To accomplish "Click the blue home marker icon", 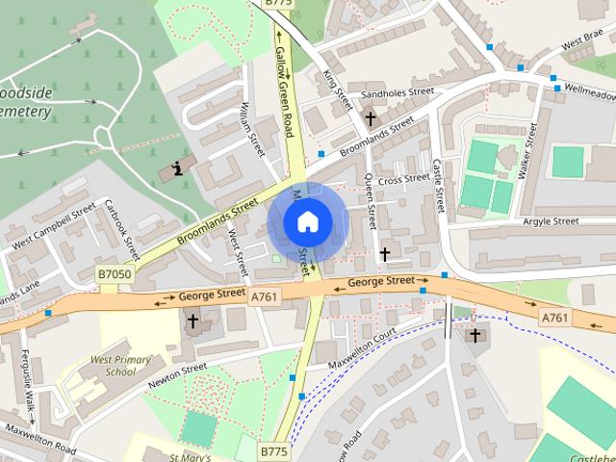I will coord(307,221).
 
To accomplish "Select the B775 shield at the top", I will coord(277,4).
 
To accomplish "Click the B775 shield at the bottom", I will coord(273,449).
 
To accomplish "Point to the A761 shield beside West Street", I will coord(264,297).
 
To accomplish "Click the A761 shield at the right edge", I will coord(553,318).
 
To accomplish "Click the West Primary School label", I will coord(120,366).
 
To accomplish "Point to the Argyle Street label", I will coord(551,222).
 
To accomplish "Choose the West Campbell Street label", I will coord(54,227).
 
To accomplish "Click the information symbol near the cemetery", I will coord(176,169).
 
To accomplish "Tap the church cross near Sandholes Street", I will coord(371,118).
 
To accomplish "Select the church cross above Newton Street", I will coord(192,321).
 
